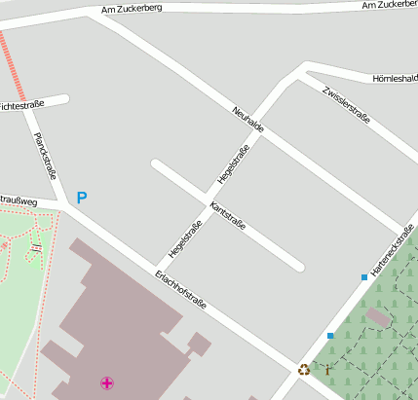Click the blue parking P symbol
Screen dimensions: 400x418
click(x=82, y=198)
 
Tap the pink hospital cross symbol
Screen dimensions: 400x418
click(x=106, y=383)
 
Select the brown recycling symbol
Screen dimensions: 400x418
click(x=304, y=369)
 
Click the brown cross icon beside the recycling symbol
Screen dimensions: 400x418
click(x=327, y=369)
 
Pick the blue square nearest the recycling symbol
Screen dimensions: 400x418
click(x=330, y=336)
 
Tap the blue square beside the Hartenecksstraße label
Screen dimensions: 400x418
click(x=364, y=277)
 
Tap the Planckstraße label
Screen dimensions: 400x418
click(x=45, y=157)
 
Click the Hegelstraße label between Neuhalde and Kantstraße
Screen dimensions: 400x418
click(x=234, y=164)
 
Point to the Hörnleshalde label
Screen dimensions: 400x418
click(x=395, y=78)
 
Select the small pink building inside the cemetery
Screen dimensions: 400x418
click(x=378, y=317)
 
